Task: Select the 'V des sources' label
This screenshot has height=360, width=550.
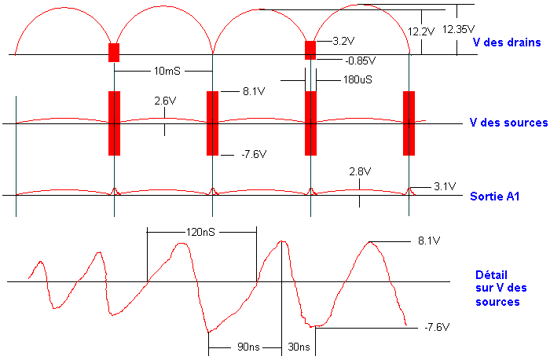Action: click(x=508, y=123)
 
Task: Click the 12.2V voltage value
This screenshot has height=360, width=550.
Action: click(x=422, y=32)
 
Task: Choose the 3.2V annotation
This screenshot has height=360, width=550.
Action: click(x=343, y=40)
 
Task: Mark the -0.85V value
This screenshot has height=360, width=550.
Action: click(x=360, y=61)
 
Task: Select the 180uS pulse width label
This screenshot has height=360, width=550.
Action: click(x=357, y=79)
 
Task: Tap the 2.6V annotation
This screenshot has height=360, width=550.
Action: click(x=165, y=101)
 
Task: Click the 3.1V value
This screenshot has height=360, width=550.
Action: click(x=445, y=186)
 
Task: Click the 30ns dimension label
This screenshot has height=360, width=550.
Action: click(x=299, y=347)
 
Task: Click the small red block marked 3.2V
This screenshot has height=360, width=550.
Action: click(x=310, y=50)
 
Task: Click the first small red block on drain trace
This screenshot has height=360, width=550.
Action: click(x=114, y=53)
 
